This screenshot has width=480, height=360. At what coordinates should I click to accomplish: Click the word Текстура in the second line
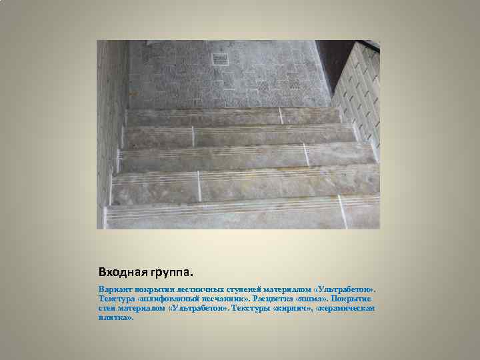click(115, 299)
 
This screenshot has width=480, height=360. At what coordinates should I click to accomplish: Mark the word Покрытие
click(352, 299)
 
